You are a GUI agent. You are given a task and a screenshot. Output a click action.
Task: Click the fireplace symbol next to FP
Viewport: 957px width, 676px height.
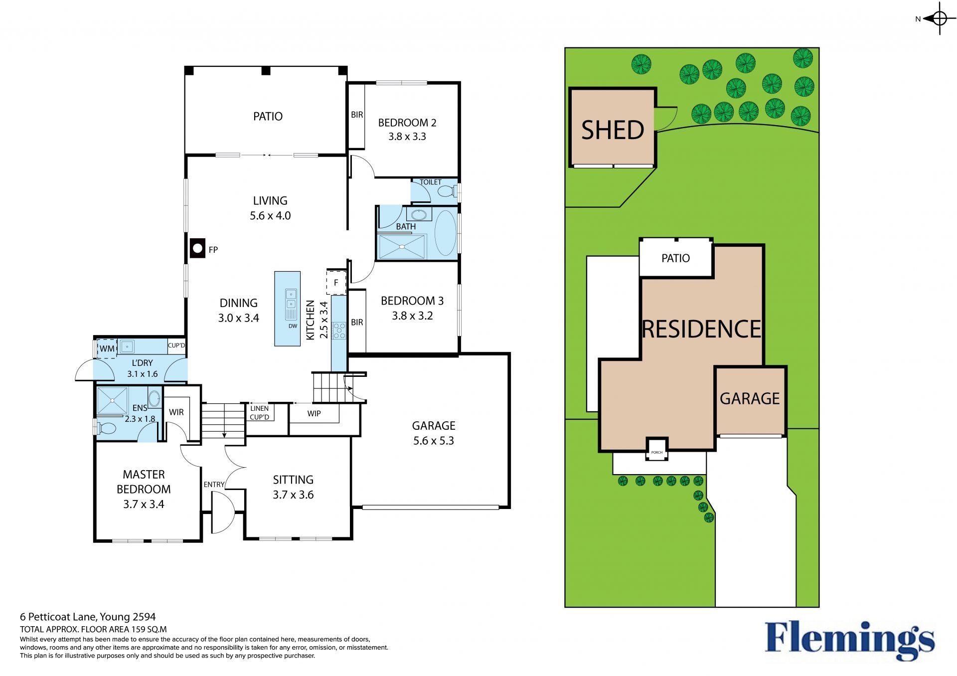coord(197,248)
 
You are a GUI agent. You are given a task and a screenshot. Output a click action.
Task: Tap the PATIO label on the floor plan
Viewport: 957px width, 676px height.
coord(268,116)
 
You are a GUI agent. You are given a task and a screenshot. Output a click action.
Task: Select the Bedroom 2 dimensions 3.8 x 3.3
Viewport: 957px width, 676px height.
coord(407,137)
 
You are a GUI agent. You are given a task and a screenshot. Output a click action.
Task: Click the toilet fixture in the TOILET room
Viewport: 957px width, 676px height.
coord(448,191)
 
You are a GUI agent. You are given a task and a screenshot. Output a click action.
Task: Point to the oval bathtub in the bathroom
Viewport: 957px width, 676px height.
coord(445,233)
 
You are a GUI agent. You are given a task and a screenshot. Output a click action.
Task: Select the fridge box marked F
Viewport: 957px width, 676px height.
coord(336,283)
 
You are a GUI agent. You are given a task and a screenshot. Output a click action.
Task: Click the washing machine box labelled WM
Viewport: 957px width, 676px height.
coord(107,348)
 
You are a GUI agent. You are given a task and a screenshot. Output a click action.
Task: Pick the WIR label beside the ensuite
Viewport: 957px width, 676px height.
coord(176,412)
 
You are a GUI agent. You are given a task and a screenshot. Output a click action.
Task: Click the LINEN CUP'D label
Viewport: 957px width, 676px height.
coord(259,413)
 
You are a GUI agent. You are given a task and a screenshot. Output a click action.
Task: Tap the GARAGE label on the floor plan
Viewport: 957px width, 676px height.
coord(434,426)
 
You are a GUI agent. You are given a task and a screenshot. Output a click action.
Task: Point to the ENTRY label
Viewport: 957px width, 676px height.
coord(214,485)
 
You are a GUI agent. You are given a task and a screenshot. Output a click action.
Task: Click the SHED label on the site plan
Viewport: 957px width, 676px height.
coord(613,130)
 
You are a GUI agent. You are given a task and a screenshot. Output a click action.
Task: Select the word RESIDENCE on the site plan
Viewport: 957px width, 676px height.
coord(702,329)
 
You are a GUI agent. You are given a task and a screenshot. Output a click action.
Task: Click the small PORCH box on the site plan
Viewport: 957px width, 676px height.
coord(657,449)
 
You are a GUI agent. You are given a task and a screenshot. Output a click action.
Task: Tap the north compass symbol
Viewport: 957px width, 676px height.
coord(939,19)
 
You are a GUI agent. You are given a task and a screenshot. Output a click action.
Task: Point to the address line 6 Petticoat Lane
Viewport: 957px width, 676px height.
coord(88,617)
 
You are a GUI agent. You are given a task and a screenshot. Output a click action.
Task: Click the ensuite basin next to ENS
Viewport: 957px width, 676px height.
coord(155,398)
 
